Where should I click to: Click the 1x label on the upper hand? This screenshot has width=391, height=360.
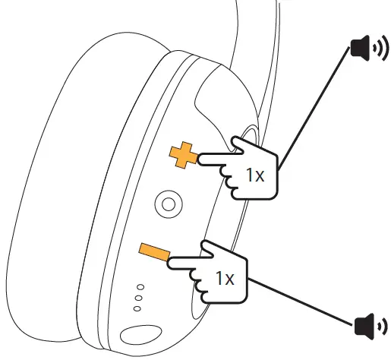pos(254,175)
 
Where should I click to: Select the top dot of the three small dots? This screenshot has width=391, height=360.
pos(140,288)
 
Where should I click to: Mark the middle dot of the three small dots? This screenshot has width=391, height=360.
pos(139,298)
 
